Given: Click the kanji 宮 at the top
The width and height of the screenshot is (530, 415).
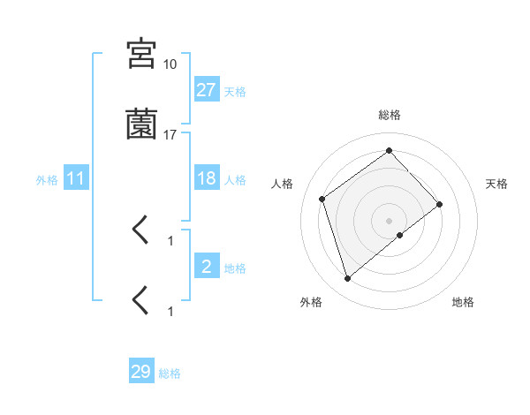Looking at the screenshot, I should (x=141, y=54).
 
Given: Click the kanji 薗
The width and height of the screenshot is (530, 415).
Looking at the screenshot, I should (x=141, y=124).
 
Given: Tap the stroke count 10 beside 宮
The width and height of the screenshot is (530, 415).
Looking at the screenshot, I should (x=170, y=64).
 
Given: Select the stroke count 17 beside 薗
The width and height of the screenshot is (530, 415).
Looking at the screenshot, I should (x=170, y=135).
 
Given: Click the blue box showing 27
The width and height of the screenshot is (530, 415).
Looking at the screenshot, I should (x=206, y=89).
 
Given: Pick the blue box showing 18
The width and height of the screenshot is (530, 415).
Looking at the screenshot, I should (x=206, y=178).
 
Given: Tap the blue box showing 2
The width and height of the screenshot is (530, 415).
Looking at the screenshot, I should (x=206, y=267).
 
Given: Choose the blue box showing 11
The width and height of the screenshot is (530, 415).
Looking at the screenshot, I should (x=75, y=179).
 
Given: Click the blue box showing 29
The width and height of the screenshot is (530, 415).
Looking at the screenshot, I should (x=140, y=372).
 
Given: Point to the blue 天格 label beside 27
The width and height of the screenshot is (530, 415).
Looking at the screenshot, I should (x=235, y=91).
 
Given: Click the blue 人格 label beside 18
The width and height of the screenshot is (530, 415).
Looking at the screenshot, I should (x=235, y=180).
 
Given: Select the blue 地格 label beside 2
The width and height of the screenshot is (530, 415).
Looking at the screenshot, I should (x=235, y=268).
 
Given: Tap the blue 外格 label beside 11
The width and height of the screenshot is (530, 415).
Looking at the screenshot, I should (x=47, y=180).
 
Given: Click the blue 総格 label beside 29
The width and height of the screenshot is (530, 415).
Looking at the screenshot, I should (x=170, y=373).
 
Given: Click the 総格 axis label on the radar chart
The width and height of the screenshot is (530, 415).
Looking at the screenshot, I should (x=389, y=115).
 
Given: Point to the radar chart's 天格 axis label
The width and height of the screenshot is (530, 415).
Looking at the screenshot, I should (x=497, y=184).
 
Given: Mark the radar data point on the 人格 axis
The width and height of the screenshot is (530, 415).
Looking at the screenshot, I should (x=322, y=199).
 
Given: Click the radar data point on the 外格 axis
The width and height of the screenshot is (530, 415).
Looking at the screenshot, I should (x=347, y=279).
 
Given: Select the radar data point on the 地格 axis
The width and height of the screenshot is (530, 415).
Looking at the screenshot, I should (x=400, y=235).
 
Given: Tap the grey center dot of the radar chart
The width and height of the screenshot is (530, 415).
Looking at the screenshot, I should (x=389, y=220).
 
